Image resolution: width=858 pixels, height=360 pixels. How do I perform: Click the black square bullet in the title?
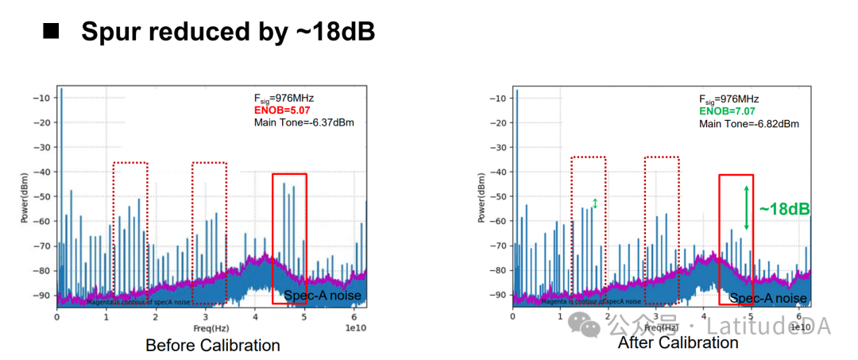point(52,31)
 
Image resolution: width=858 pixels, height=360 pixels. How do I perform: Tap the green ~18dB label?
point(784,209)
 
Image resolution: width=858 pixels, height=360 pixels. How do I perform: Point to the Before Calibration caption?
point(212,346)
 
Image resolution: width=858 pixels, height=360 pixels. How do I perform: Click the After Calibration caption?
point(678,343)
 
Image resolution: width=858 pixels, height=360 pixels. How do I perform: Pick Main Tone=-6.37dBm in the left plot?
point(303,122)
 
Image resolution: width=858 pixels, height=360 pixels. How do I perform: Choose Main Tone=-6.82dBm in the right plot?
point(749,124)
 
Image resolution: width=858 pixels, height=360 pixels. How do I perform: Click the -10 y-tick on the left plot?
point(43,98)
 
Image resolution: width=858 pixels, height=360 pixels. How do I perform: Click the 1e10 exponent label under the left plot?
point(355,327)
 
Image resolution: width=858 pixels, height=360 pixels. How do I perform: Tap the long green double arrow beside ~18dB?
point(746,207)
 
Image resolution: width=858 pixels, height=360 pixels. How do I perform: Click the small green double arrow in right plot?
point(595,203)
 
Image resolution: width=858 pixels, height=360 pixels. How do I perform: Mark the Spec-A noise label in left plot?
point(323,296)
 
